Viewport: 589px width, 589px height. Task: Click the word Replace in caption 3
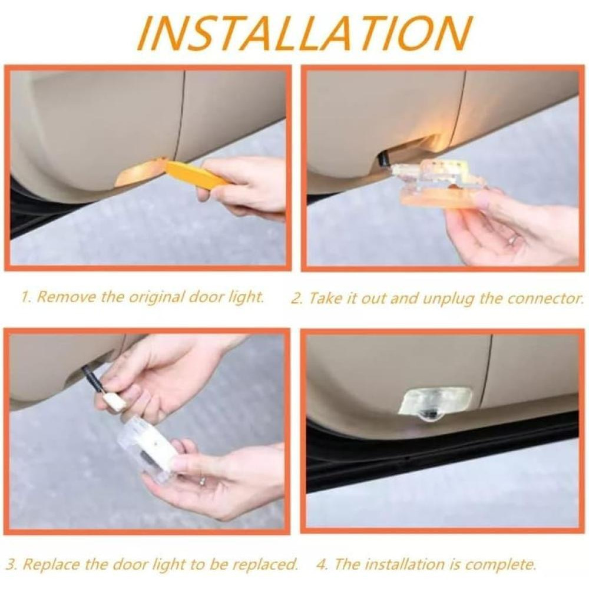[51, 564]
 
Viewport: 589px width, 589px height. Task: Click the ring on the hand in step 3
[203, 481]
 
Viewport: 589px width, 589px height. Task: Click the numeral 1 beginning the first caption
[25, 297]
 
